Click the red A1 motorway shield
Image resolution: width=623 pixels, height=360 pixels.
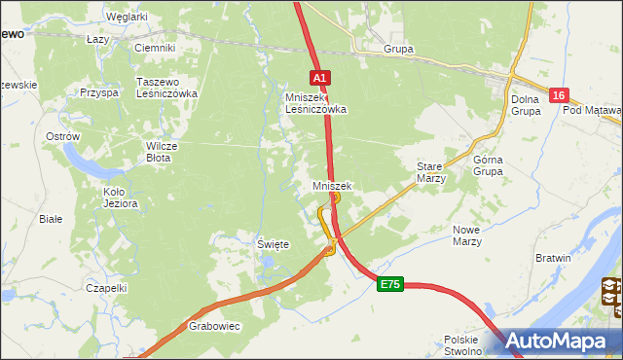[321, 77]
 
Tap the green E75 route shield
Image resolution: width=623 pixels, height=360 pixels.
[390, 283]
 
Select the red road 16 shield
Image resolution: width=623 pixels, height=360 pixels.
[558, 94]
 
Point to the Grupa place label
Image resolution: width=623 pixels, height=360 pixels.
[398, 49]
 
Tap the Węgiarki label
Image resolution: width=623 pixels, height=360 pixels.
[127, 17]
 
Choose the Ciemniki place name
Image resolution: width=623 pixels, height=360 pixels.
[154, 48]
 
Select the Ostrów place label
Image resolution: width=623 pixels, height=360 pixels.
[62, 137]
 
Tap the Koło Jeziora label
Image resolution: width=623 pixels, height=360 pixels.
[121, 198]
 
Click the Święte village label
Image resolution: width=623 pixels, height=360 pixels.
[273, 244]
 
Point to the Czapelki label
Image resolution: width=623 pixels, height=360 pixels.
[106, 288]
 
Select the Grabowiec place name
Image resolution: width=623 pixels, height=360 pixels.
[214, 327]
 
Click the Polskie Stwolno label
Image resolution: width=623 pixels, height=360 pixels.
[463, 345]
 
